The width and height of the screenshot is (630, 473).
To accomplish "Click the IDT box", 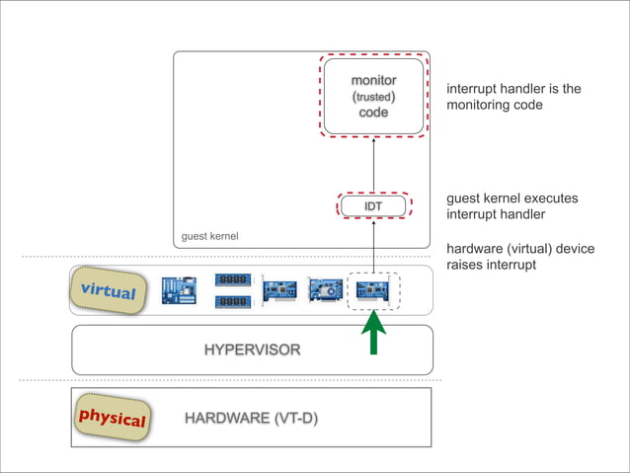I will (373, 205).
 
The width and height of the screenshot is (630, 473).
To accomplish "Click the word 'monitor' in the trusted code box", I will (373, 79).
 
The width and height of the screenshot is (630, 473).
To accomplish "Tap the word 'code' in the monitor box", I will (373, 113).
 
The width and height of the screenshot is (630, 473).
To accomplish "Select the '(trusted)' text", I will (373, 96).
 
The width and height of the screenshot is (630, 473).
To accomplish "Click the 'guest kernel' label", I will (209, 237).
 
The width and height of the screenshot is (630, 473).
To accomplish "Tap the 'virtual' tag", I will (107, 289).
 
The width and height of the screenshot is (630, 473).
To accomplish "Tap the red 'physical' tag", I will (112, 418).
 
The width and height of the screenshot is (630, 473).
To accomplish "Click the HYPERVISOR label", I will (252, 350).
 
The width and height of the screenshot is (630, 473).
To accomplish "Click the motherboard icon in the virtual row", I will (180, 290).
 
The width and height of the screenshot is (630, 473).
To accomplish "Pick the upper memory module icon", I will (232, 279).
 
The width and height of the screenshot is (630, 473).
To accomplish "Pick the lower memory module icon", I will (232, 301).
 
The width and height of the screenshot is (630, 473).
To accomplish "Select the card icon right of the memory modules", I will (279, 290).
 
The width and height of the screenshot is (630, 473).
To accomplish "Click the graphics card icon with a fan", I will (326, 290).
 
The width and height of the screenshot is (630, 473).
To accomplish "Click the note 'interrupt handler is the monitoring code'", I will (513, 97).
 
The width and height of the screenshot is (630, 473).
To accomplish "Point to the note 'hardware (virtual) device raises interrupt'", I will (520, 257).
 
